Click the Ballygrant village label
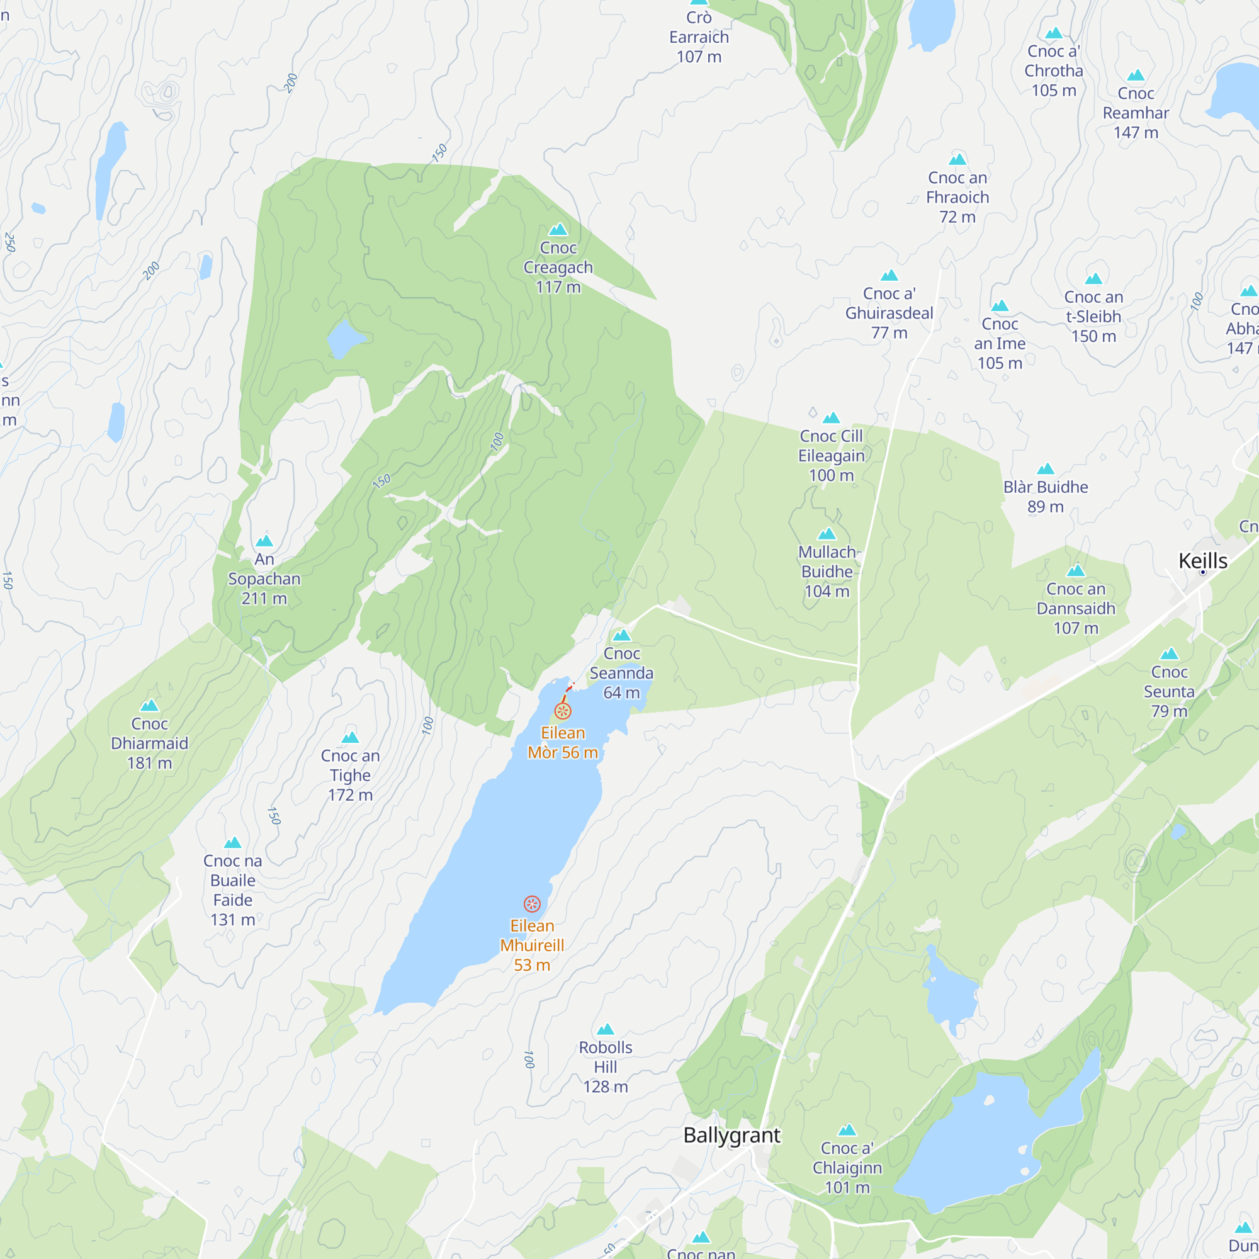pos(731,1135)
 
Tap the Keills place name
pos(1203,561)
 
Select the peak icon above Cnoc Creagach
pos(558,229)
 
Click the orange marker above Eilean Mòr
pos(563,711)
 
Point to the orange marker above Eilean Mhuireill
pos(532,904)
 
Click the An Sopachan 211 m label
pos(264,579)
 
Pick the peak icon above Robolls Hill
pos(606,1029)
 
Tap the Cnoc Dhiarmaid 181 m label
pos(149,743)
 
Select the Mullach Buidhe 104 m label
pos(827,572)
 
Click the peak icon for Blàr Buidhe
pos(1045,469)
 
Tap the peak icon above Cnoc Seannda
pos(621,635)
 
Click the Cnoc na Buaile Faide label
pos(233,890)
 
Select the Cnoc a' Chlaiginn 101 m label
pos(847,1168)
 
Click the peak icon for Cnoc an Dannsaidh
pos(1075,572)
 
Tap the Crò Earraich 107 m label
pos(699,37)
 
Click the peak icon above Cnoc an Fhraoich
pos(957,160)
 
